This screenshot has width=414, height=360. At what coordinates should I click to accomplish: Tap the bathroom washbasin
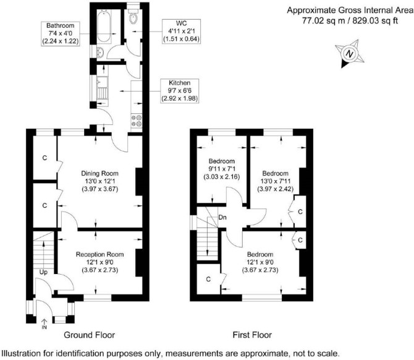100,52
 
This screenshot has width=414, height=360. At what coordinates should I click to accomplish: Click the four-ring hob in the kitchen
137,121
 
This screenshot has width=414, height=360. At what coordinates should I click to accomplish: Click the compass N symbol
350,54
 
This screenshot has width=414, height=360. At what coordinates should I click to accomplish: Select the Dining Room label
100,181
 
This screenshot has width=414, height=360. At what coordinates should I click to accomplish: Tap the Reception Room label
100,262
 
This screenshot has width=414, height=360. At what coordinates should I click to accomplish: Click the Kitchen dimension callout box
180,91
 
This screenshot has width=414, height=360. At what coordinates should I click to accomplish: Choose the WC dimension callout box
181,31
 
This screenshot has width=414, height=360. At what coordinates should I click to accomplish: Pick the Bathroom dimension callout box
61,34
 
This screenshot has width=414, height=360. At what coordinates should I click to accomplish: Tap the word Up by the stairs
43,272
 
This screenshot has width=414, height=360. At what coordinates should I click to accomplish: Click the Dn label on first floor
222,217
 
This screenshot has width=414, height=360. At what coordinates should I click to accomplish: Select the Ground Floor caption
89,335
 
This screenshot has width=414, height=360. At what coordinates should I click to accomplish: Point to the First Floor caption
252,335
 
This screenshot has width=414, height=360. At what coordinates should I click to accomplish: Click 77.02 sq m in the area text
323,20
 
